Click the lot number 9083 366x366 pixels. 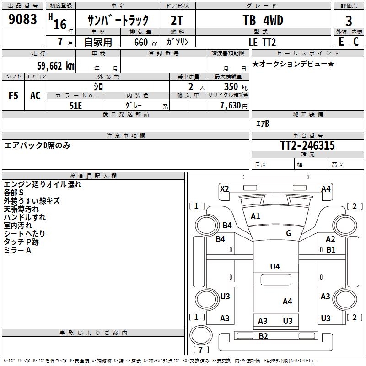23,20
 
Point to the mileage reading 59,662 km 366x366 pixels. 50,66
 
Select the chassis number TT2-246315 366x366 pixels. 307,145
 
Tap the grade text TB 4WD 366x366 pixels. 263,21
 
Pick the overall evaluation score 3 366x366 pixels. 349,21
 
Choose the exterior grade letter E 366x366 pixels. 341,42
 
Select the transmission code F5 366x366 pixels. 14,96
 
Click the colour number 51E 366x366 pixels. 76,105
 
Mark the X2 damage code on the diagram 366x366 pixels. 224,188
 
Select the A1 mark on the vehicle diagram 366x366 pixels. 255,216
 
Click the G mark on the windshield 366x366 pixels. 289,233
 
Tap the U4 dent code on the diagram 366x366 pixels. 275,266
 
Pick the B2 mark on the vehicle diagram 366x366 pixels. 263,336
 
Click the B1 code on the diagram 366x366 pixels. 331,250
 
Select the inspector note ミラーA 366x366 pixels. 17,250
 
